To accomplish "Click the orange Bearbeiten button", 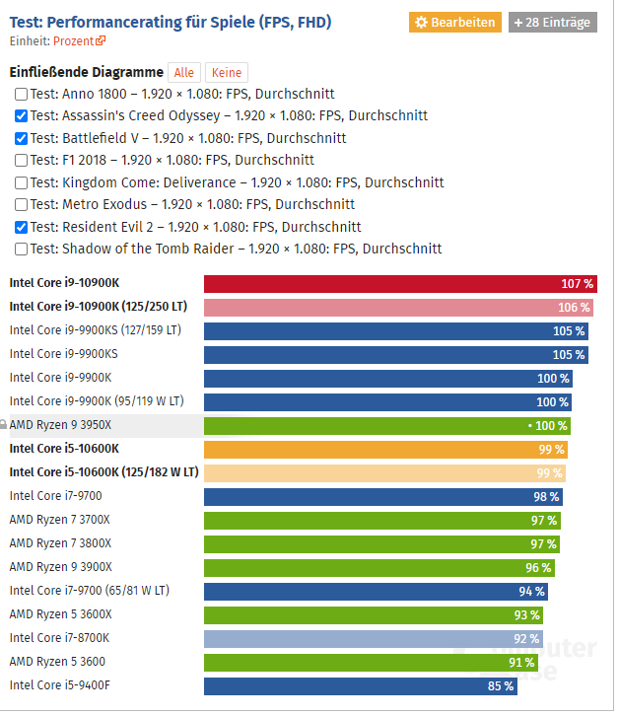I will point(455,22).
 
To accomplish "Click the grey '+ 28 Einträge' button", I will point(552,22).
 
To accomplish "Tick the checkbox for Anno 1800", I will point(21,95).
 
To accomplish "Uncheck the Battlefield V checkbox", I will point(21,139).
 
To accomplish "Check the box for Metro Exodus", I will point(21,205).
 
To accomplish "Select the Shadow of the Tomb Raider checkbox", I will point(21,250).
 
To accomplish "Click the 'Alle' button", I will point(183,73).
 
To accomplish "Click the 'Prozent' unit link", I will point(74,40).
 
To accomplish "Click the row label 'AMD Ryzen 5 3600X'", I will point(60,614).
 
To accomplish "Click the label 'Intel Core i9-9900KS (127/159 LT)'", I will point(95,330).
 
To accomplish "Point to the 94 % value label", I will point(531,592).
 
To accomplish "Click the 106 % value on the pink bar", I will point(575,308).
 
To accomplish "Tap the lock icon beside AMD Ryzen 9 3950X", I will point(4,425).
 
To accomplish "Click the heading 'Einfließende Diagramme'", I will point(86,73).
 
